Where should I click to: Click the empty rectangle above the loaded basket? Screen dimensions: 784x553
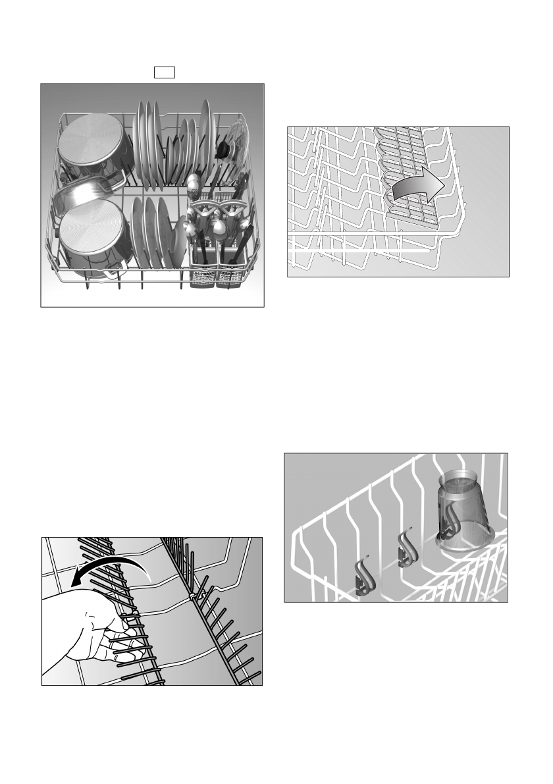(x=165, y=72)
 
